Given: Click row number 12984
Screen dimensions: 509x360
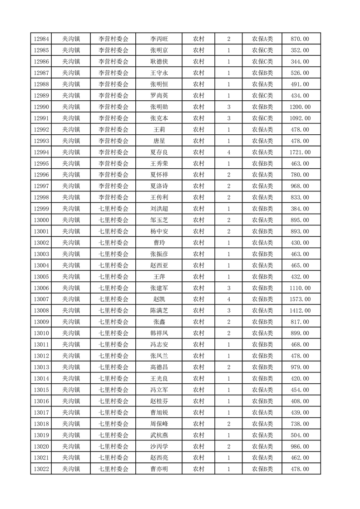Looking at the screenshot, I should coord(41,39).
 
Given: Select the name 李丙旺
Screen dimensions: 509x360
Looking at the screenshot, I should coord(159,39).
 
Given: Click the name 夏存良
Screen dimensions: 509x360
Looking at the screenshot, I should coord(159,152).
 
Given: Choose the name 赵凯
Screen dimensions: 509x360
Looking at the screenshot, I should coord(159,299).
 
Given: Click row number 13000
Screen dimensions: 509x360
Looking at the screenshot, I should coord(41,220).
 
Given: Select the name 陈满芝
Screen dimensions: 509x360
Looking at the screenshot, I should coord(159,311).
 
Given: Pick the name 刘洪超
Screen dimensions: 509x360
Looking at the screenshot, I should coord(159,209).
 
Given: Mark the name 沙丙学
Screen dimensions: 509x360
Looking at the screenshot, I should coord(159,446).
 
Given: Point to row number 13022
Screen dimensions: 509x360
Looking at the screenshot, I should coord(41,469).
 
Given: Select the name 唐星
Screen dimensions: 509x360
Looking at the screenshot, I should coord(159,141).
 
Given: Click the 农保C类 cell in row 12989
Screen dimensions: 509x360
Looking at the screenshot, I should coord(262,96).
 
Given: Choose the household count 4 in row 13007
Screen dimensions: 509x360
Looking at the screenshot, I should coord(228,299).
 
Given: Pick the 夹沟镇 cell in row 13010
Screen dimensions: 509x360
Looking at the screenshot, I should coord(71,333).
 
